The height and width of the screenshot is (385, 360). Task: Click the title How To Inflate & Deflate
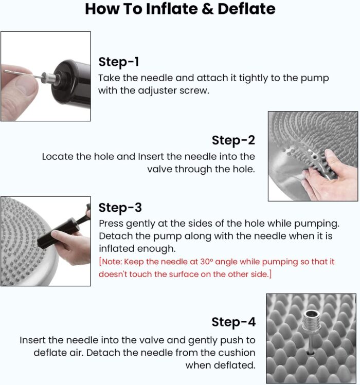[180, 9]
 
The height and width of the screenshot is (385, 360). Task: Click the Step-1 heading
[119, 62]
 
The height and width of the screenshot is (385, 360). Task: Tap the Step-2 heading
[233, 140]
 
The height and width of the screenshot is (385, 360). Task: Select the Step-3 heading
[120, 208]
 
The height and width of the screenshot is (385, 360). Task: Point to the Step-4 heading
[233, 322]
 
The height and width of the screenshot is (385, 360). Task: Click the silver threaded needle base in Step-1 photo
[50, 78]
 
